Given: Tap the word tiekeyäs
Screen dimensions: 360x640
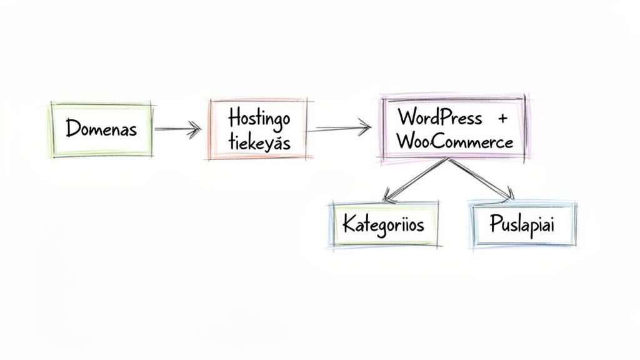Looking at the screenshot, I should [259, 142].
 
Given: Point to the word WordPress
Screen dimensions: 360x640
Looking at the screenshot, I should [439, 117].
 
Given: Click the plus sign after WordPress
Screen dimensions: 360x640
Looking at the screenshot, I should [502, 117].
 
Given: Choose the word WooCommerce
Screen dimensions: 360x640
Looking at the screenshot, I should [454, 141].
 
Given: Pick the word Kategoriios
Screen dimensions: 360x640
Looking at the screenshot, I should [383, 224].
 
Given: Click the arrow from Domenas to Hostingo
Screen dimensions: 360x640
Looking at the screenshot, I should [177, 129].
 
